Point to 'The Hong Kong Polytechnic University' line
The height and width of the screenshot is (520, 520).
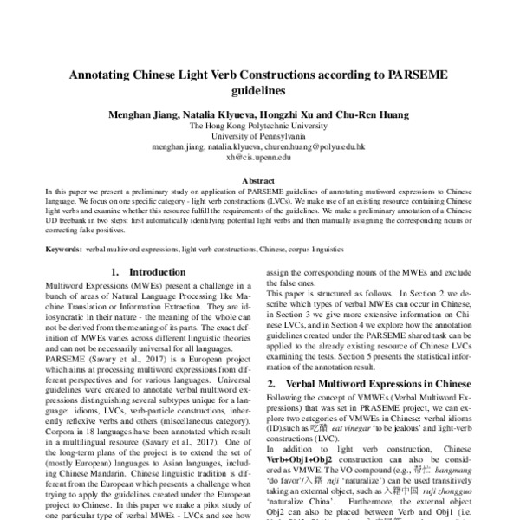tap(259, 126)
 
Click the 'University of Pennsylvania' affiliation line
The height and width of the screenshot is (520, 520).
tap(259, 137)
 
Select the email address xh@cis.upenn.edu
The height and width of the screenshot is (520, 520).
tap(259, 159)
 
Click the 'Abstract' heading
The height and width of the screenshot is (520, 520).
tap(259, 181)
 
